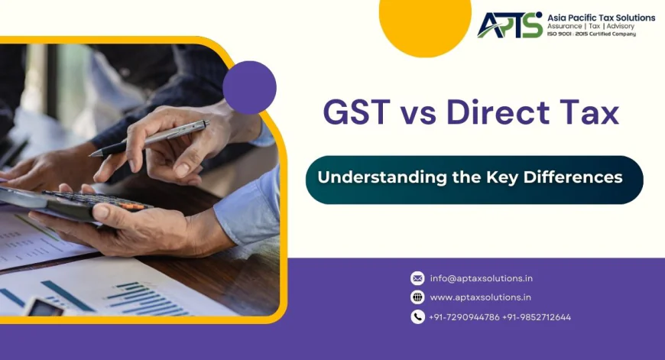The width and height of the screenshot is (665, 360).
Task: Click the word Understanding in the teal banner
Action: (381, 177)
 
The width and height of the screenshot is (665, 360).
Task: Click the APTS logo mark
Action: (510, 24)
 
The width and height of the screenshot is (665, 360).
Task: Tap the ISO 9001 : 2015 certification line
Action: (591, 34)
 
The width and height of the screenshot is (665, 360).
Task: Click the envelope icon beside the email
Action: (417, 278)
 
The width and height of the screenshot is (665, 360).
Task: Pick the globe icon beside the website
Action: (417, 297)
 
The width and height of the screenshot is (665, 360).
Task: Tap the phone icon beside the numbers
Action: (417, 316)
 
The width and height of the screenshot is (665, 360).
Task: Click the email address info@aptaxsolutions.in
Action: (482, 278)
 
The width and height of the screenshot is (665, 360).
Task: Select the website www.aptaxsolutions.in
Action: (481, 297)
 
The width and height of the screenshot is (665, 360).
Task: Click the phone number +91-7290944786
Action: (465, 317)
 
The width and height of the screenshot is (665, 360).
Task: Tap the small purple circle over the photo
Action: (249, 87)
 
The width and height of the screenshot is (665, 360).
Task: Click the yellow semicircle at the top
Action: (425, 23)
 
